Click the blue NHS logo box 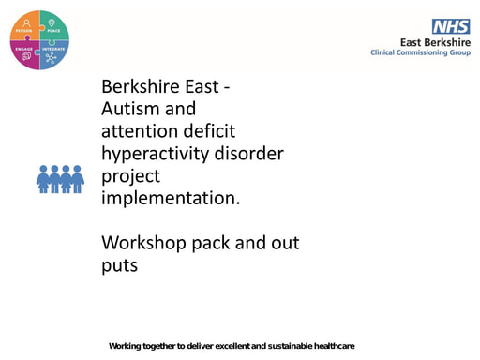(x=450, y=26)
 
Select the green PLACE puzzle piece (x=53, y=26)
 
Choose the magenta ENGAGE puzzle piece (x=26, y=53)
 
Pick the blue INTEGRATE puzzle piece (x=53, y=53)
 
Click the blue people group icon (x=60, y=178)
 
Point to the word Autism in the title (x=130, y=109)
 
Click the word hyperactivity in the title (x=157, y=153)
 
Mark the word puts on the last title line (x=119, y=265)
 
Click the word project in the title (x=130, y=175)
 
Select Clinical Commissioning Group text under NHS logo (x=419, y=52)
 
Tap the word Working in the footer (x=126, y=346)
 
